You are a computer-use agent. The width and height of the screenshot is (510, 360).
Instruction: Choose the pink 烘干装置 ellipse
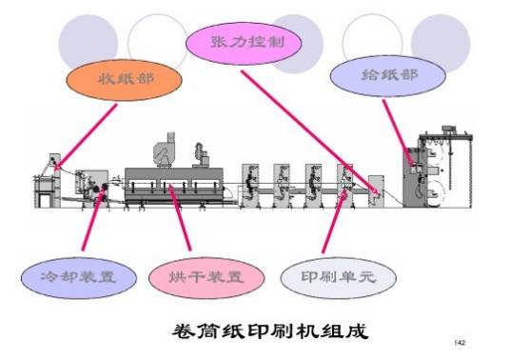point(196,277)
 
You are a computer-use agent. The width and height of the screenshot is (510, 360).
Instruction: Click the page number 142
point(461,340)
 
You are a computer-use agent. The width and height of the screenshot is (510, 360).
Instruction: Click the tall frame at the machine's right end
point(461,176)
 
